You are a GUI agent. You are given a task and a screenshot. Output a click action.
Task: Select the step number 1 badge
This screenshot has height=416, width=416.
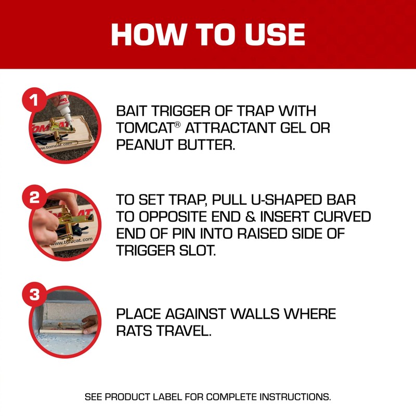pyautogui.click(x=34, y=101)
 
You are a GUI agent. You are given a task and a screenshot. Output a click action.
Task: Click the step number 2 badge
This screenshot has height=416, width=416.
pyautogui.click(x=34, y=198)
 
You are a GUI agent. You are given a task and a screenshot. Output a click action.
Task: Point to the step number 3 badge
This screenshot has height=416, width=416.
pyautogui.click(x=34, y=295)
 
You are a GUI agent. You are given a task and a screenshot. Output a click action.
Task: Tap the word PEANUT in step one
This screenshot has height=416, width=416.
pyautogui.click(x=142, y=145)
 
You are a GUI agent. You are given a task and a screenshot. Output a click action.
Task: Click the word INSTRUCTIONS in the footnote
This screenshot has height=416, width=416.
pyautogui.click(x=294, y=397)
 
